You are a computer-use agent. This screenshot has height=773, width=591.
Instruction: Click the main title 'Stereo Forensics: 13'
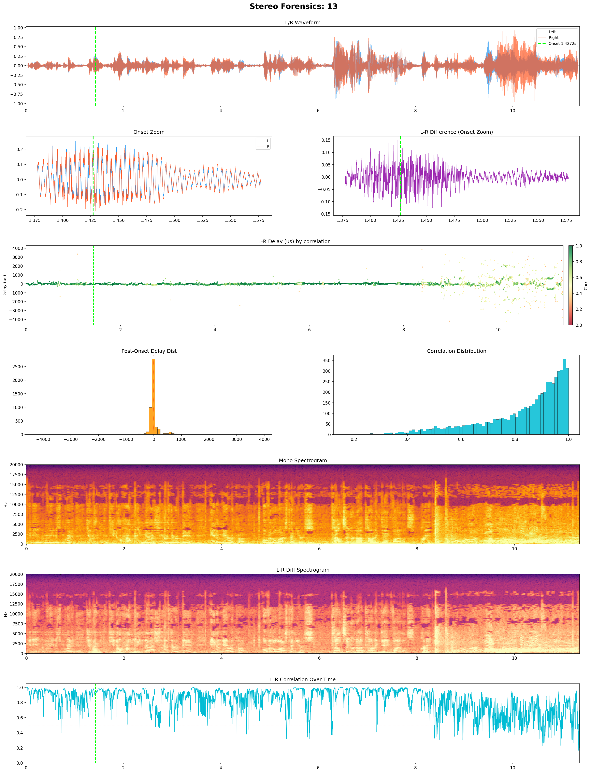[293, 6]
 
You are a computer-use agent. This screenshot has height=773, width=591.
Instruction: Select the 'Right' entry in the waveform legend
[553, 38]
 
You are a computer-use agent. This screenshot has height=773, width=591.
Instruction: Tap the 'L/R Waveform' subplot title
[303, 23]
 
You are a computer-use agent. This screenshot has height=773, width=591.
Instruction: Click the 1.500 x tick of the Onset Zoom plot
[174, 220]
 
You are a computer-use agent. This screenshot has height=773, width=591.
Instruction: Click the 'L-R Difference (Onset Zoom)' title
[456, 132]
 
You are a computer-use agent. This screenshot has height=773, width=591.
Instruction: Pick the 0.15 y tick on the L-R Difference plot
[325, 140]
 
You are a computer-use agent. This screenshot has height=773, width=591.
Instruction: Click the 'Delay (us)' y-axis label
[5, 285]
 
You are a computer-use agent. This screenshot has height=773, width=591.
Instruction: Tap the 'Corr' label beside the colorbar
[586, 285]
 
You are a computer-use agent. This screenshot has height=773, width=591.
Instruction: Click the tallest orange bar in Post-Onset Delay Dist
[153, 396]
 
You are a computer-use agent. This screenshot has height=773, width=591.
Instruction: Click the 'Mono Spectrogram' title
[303, 460]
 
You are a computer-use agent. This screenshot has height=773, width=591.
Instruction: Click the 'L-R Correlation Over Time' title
[303, 679]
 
